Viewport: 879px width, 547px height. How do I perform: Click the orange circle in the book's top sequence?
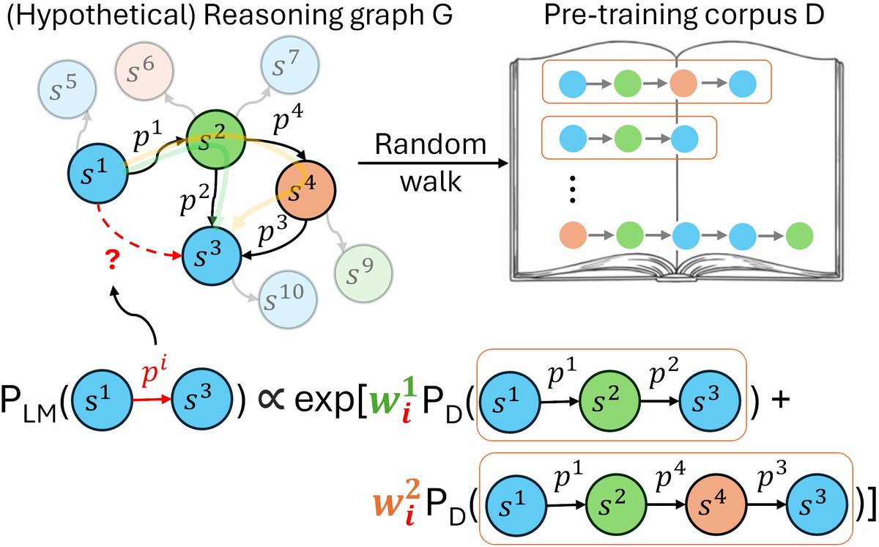pos(683,84)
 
